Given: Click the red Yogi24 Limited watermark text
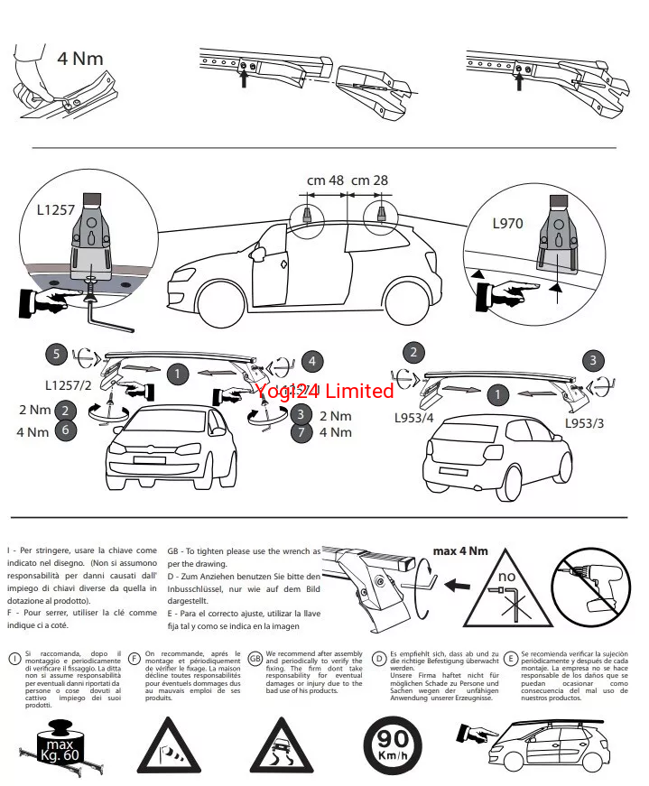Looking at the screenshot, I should coord(325,391).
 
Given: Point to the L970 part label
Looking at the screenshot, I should coord(508,223).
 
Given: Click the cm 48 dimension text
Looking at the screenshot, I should coord(325,180).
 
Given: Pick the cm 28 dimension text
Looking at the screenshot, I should coord(369,180).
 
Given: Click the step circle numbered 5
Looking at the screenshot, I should coord(57,355).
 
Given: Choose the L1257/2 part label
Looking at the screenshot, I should coord(70,386).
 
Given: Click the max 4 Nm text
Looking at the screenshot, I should coord(460,550).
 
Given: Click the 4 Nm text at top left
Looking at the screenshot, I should coord(80,60).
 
